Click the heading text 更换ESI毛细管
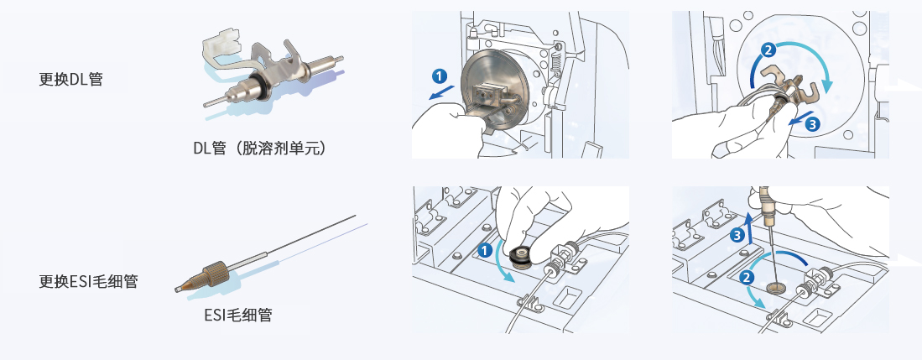(x=89, y=281)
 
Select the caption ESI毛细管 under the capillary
(x=237, y=316)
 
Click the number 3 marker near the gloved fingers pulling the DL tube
(x=810, y=124)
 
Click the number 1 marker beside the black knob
(x=484, y=249)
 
